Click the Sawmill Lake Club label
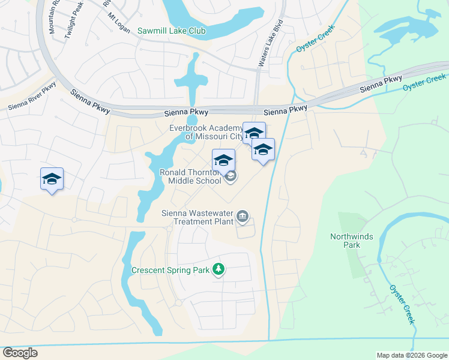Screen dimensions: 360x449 point(171,31)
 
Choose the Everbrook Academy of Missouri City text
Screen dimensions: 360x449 point(206,131)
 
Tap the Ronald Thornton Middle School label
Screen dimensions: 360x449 point(189,176)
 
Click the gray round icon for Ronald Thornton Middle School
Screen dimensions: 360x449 point(231,176)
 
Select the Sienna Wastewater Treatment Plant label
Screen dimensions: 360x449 point(198,217)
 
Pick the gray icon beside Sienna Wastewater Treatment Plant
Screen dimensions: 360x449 point(242,216)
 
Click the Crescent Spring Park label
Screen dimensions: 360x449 point(170,270)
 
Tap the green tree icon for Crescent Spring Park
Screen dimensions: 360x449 point(218,270)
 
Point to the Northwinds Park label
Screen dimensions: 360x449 point(351,241)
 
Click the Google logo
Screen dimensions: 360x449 point(20,353)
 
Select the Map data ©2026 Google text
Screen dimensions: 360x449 point(411,355)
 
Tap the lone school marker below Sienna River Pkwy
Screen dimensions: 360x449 point(52,179)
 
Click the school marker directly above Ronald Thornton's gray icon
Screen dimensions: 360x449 point(223,160)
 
